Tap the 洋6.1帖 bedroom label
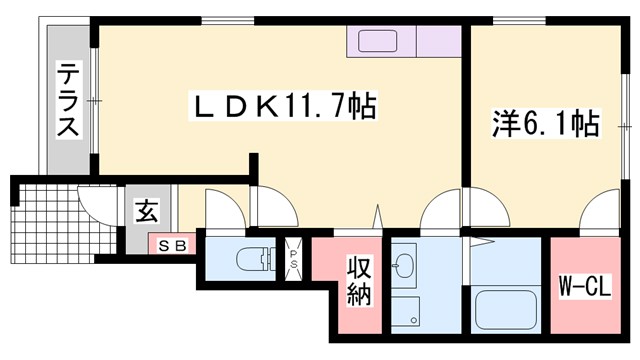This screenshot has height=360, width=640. pos(544,124)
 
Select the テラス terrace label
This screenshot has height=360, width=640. pos(68,100)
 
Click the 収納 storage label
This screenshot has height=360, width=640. pos(360,281)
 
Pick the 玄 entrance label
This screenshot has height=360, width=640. pos(147,211)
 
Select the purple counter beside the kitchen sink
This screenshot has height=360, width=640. pos(438,43)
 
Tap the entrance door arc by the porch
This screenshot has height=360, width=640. pos(96,206)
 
